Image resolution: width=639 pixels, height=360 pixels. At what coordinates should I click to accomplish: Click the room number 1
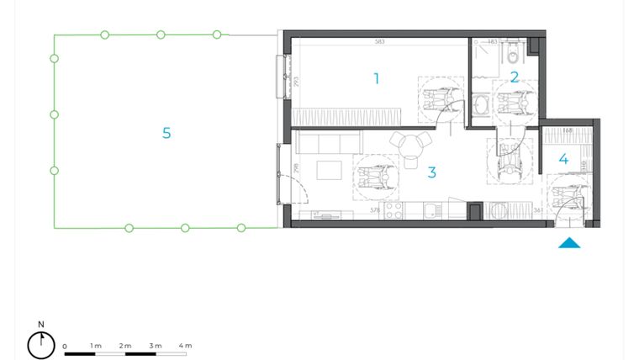click(x=377, y=78)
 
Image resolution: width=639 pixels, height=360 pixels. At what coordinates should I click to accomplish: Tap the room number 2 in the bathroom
click(x=515, y=77)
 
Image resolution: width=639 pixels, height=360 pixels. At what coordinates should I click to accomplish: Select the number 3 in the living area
click(x=431, y=172)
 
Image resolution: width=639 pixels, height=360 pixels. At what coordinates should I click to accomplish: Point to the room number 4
click(x=563, y=158)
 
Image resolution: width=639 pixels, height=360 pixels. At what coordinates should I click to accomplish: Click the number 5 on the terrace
click(x=166, y=133)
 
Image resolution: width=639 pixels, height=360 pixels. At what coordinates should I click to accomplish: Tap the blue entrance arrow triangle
click(x=570, y=244)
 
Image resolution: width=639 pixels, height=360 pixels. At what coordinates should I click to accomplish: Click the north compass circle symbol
click(x=40, y=345)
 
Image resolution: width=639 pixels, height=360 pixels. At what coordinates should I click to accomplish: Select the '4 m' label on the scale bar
click(x=185, y=346)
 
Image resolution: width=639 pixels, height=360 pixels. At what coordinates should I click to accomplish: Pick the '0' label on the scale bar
click(x=65, y=346)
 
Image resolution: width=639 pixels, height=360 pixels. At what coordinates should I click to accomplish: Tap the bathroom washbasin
click(x=481, y=104)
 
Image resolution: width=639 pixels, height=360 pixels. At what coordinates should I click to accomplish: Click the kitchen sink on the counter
click(x=430, y=212)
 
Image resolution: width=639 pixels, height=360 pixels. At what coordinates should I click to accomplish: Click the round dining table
click(x=411, y=146)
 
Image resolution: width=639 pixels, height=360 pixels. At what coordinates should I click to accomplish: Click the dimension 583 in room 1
click(x=379, y=41)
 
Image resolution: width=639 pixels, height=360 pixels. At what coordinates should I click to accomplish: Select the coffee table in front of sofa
click(x=330, y=172)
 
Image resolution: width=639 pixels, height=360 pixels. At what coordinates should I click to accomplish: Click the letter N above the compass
click(x=40, y=324)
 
